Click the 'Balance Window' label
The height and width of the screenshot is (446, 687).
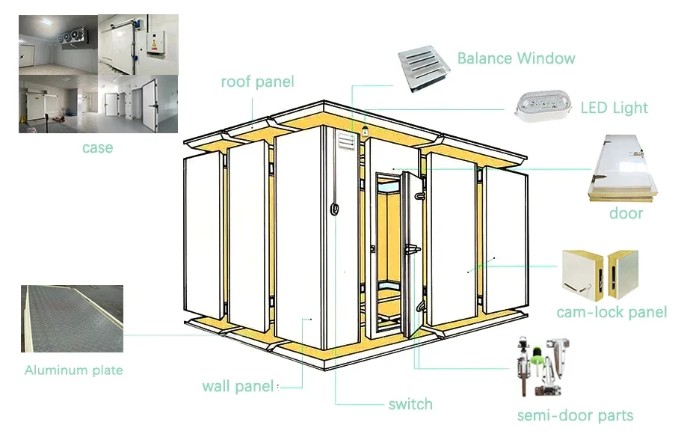[x=516, y=58]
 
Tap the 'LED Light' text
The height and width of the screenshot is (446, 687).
[x=614, y=108]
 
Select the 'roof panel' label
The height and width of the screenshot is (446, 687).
[x=257, y=82]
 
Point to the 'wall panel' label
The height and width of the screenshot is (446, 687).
[x=237, y=386]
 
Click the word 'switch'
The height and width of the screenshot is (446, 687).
[x=410, y=405]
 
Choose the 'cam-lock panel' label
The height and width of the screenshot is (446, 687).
[x=611, y=312]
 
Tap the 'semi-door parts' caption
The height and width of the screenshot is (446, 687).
[x=575, y=415]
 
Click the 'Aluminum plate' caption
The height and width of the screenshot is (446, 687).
[x=73, y=370]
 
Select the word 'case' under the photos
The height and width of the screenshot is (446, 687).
[x=97, y=147]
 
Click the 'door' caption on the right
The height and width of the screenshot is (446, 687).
[x=626, y=213]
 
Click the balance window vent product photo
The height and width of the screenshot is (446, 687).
[x=423, y=70]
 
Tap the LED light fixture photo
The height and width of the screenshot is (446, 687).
[x=541, y=107]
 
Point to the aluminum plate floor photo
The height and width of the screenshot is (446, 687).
[x=73, y=318]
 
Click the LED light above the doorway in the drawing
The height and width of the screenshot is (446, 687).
[x=365, y=132]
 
